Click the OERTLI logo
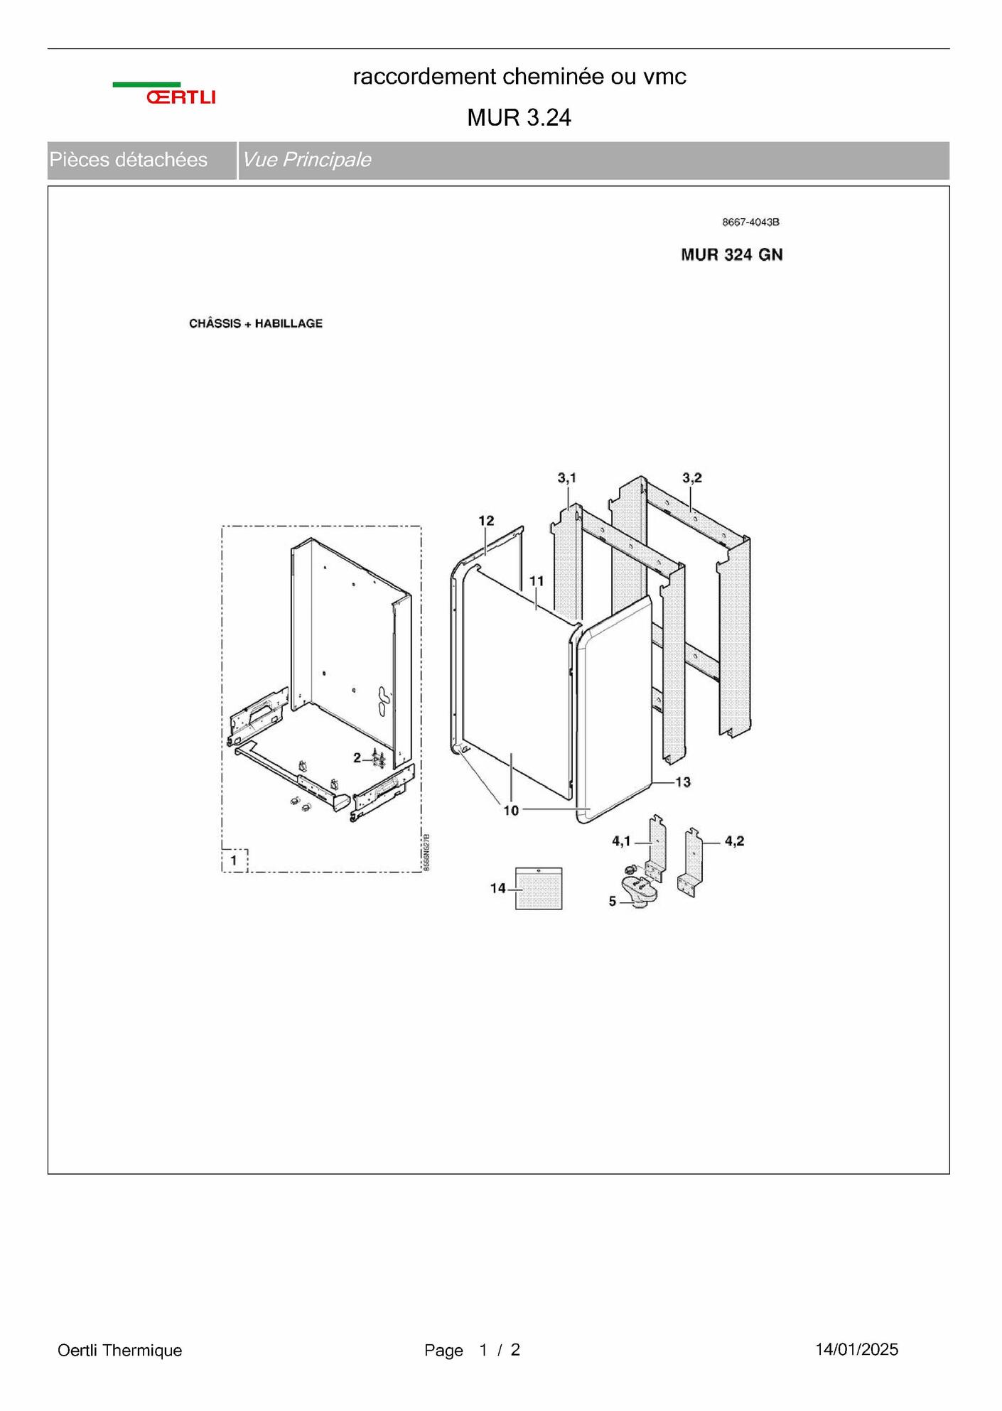coord(164,94)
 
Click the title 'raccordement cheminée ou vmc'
coord(519,77)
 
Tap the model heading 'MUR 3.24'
coord(519,117)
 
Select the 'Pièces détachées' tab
coord(129,160)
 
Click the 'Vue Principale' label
coord(306,160)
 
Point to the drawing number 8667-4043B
coord(750,222)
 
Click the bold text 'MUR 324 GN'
coord(732,255)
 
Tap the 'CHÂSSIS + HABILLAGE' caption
coord(256,323)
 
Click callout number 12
coord(486,521)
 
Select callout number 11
coord(537,581)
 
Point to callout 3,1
coord(567,478)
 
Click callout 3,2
coord(692,478)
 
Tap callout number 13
coord(683,782)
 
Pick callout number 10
coord(512,810)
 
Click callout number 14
coord(498,888)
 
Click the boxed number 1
coord(234,860)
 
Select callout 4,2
coord(735,841)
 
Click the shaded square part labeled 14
coord(539,888)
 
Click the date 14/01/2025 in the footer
coord(857,1350)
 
